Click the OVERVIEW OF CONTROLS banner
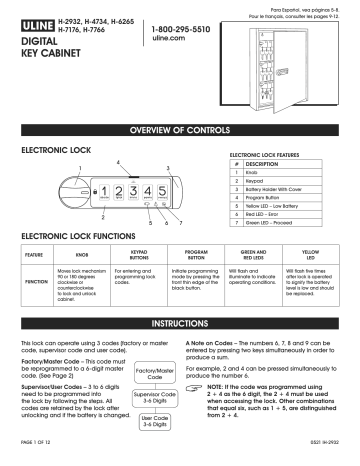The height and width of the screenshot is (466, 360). pos(180,132)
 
